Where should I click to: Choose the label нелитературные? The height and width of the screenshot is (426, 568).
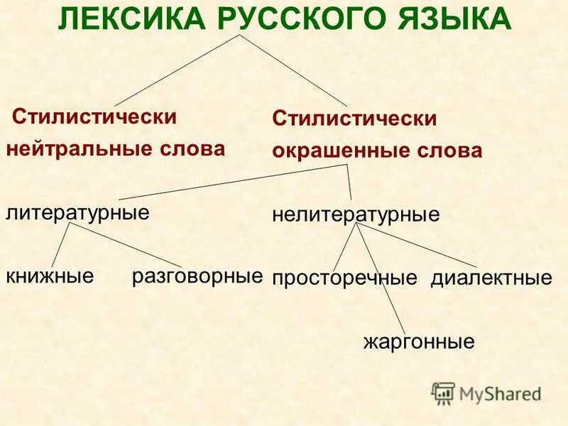tap(356, 214)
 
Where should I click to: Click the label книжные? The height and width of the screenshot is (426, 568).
tap(50, 275)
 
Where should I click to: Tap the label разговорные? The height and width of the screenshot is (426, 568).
tap(197, 275)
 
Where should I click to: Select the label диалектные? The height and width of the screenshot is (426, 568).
tap(491, 278)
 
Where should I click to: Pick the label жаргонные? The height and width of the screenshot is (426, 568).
tap(419, 343)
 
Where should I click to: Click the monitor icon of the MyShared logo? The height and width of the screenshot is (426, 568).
tap(443, 392)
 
